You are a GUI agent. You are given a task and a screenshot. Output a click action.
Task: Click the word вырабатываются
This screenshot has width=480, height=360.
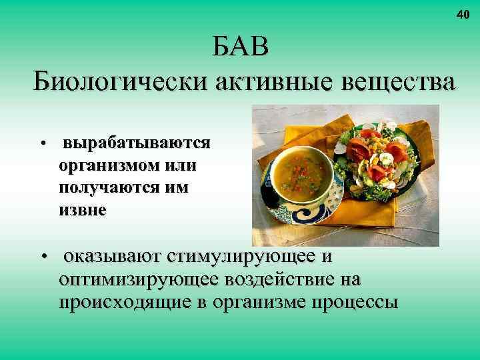tap(137, 143)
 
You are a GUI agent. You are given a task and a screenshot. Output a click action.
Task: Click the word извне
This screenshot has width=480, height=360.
tap(82, 210)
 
